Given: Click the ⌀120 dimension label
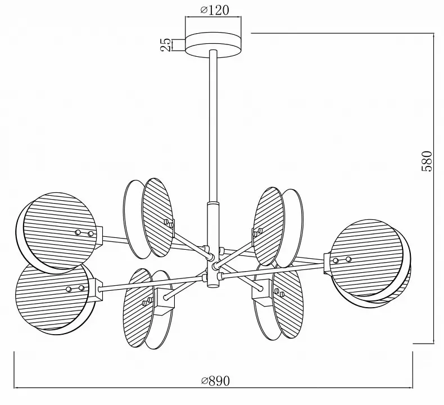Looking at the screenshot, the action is pyautogui.click(x=214, y=10).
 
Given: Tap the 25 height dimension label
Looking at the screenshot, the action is pyautogui.click(x=166, y=45).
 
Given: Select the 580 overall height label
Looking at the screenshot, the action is pyautogui.click(x=427, y=161).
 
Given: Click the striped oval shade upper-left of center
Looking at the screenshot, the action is pyautogui.click(x=157, y=217).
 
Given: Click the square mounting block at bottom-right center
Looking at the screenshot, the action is pyautogui.click(x=262, y=293).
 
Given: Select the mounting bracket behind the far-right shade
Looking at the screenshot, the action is pyautogui.click(x=328, y=263).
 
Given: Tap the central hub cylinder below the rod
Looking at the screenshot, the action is pyautogui.click(x=213, y=245).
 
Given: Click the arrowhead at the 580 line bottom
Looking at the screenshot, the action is pyautogui.click(x=434, y=341).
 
